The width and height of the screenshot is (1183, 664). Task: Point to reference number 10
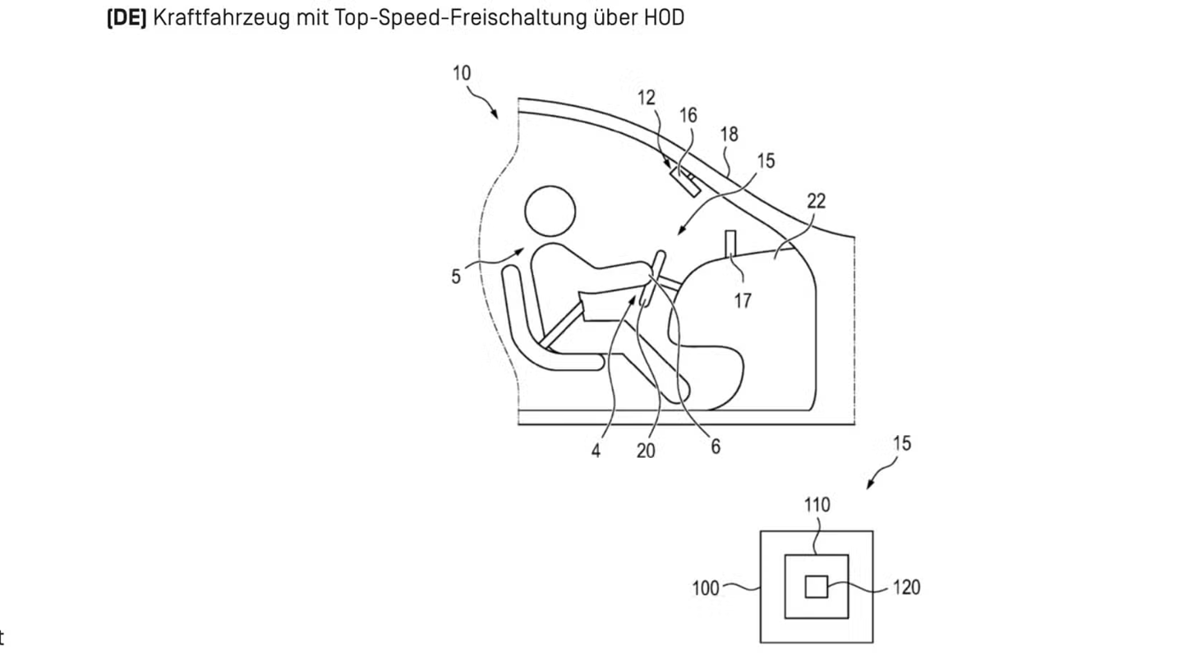click(x=462, y=73)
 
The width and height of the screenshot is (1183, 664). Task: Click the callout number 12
click(x=647, y=98)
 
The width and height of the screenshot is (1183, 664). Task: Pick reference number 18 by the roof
click(x=729, y=134)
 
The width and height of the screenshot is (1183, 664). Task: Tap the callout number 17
click(x=742, y=301)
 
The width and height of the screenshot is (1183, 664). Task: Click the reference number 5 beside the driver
click(x=456, y=277)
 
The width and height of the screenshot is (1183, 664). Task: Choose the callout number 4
click(x=596, y=451)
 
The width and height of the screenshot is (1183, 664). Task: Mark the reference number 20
click(x=646, y=451)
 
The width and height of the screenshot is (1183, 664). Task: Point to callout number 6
click(x=716, y=446)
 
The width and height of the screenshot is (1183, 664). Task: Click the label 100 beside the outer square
click(x=706, y=588)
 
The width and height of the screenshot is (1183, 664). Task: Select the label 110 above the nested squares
click(x=817, y=505)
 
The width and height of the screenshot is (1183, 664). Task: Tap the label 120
click(x=906, y=588)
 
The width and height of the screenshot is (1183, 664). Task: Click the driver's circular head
click(x=550, y=211)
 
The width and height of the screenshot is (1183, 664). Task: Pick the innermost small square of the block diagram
click(x=816, y=587)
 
